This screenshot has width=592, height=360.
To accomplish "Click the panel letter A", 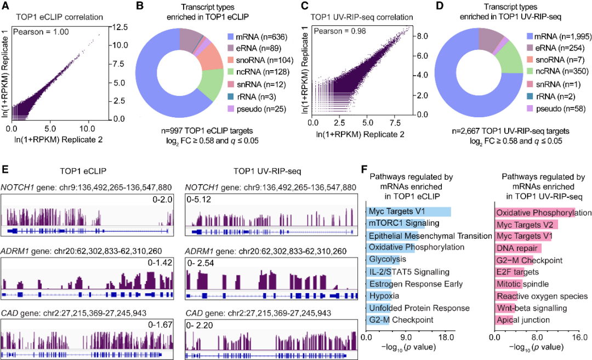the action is (5, 5).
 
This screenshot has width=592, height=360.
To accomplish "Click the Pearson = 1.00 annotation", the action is (41, 32).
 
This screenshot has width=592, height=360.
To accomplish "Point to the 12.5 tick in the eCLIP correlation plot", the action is (119, 27).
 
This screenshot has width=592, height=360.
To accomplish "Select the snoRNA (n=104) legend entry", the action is (260, 60).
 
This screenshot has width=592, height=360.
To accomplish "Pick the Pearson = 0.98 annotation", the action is (340, 31).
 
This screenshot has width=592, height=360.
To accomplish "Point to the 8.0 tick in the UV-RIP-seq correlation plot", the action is (422, 36).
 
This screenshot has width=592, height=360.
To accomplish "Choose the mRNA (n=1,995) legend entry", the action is (559, 36).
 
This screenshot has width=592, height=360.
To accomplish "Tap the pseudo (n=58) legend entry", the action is (556, 108).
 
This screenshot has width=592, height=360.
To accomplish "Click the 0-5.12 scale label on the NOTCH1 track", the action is (198, 199).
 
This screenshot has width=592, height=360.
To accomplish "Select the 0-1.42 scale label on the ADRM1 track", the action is (160, 262).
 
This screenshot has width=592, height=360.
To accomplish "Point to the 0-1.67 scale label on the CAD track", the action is (160, 324).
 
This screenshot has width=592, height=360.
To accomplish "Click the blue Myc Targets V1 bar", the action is (408, 212).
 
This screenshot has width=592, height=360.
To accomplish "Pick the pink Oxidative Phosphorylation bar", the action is (534, 213).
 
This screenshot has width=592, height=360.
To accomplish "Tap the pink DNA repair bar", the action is (518, 248).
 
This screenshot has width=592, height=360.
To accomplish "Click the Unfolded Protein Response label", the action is (419, 308).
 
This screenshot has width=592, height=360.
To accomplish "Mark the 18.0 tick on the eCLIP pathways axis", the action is (446, 337).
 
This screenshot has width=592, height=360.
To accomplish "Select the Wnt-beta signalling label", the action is (532, 308).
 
